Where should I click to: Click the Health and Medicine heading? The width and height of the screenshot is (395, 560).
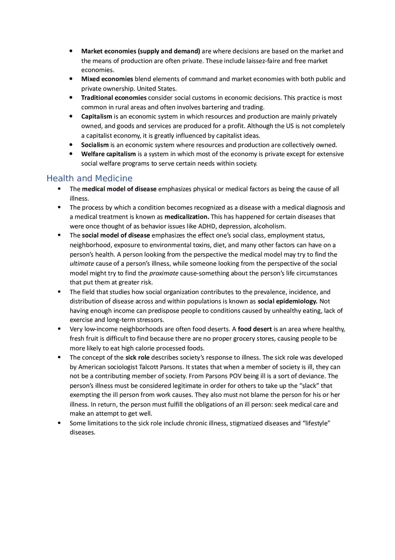89,178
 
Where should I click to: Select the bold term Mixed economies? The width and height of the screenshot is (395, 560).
107,79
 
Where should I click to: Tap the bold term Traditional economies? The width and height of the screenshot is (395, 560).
114,97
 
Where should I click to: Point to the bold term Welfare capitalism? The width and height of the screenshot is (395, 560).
108,154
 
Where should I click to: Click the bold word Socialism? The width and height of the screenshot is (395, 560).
95,145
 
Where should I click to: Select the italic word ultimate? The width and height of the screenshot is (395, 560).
82,264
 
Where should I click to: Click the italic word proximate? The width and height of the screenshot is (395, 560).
163,273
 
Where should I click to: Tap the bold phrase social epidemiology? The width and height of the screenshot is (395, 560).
287,301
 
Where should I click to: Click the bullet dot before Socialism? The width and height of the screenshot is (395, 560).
71,145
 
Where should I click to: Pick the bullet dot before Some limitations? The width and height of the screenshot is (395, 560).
60,423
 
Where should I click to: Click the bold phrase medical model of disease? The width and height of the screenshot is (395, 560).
119,189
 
